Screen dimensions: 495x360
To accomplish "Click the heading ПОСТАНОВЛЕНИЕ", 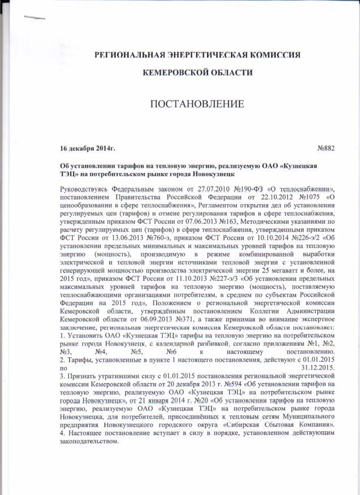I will click(x=196, y=105).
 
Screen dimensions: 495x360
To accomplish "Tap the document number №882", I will click(x=327, y=148).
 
